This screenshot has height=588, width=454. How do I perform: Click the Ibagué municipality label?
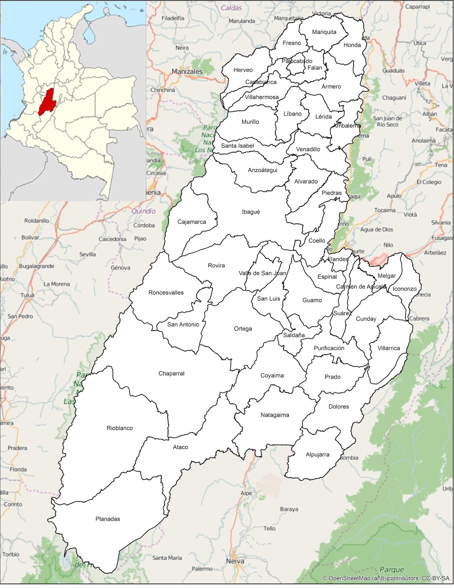point(251,212)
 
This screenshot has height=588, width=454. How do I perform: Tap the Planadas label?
point(108,519)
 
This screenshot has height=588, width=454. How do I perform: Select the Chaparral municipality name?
point(171,373)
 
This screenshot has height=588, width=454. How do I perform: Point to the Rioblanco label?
point(120,428)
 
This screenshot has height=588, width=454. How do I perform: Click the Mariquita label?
point(324,32)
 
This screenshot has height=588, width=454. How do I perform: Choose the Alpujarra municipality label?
point(317,455)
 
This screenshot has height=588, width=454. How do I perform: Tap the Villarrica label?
point(389,348)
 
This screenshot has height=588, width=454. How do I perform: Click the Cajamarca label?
point(192,222)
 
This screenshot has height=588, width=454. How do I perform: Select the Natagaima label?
point(275,415)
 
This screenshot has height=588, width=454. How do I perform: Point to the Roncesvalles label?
point(166,293)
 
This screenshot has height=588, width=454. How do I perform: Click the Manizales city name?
point(187,72)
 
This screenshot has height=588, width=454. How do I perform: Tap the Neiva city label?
point(235,561)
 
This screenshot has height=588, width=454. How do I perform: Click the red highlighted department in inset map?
point(46,102)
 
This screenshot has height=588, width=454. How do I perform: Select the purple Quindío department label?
point(144,211)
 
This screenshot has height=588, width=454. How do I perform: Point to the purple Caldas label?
point(231,8)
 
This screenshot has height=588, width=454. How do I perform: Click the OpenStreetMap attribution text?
point(386,578)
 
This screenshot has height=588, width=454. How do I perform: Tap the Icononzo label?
point(404,289)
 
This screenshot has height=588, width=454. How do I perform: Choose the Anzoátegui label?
point(262,170)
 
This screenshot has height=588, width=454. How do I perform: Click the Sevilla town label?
point(87,254)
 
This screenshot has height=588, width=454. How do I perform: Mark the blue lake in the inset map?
point(88,35)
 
